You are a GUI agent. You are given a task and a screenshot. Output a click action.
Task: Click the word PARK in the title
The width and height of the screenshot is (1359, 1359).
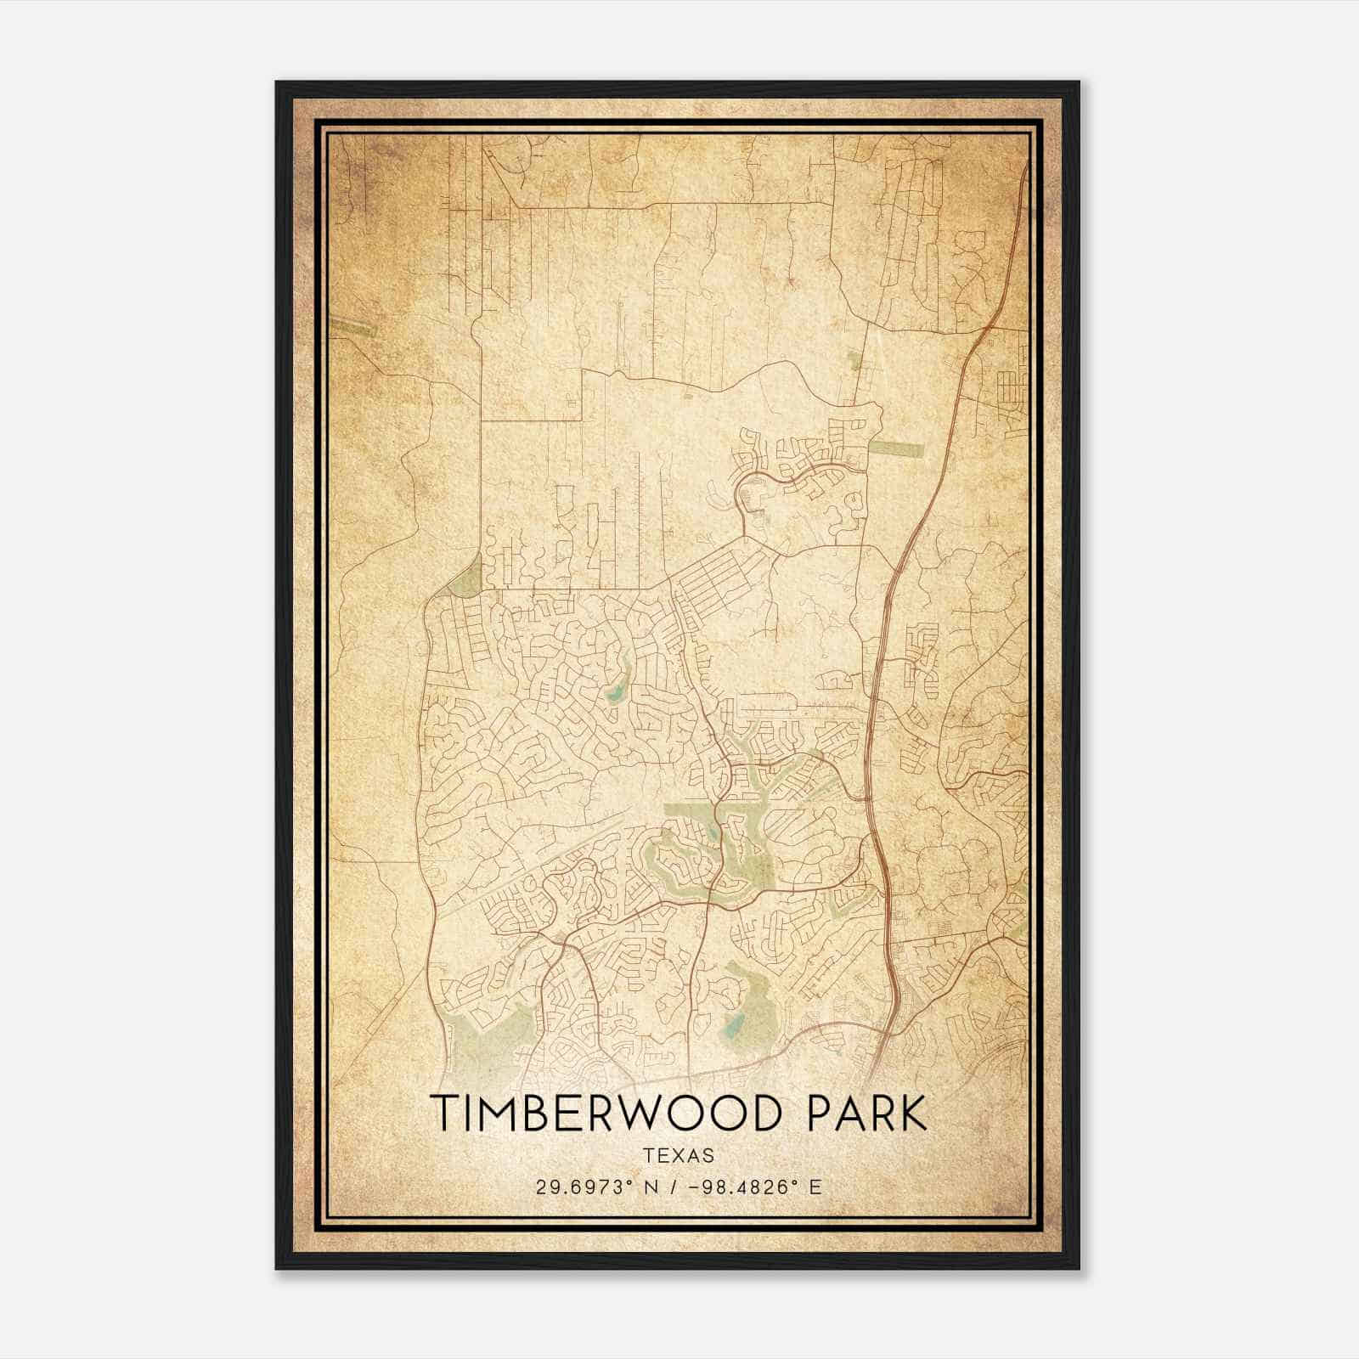[x=866, y=1114]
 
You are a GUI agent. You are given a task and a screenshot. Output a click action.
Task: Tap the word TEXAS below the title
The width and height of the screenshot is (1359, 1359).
[x=679, y=1155]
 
